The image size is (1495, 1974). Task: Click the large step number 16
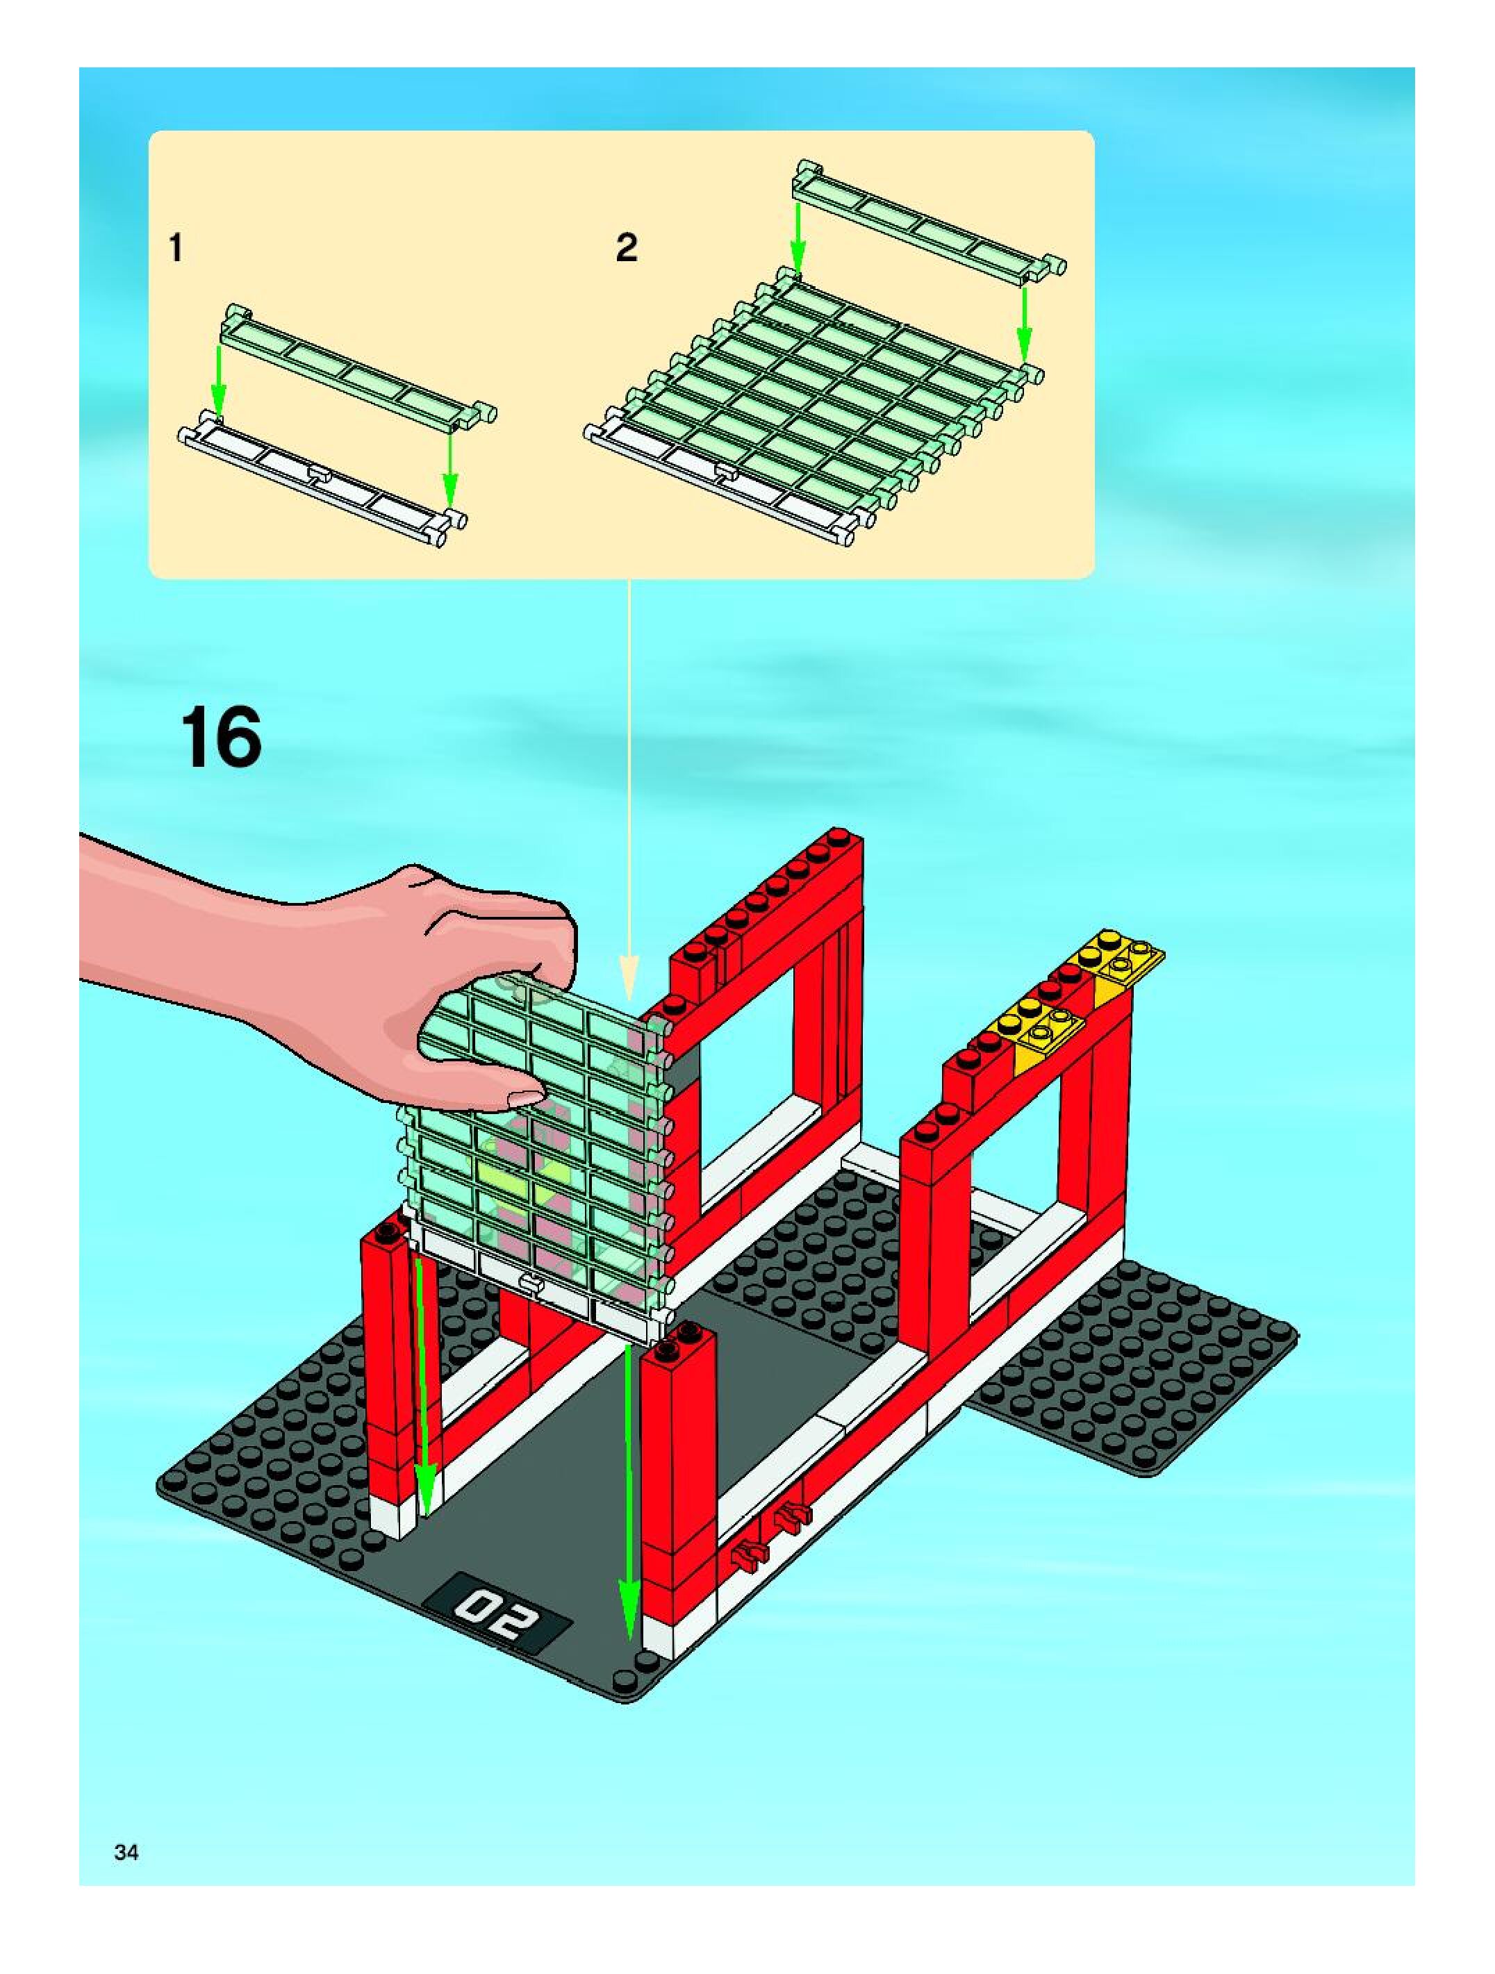222,736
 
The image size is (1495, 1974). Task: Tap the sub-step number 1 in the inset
176,247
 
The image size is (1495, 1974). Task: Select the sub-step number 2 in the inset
627,247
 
